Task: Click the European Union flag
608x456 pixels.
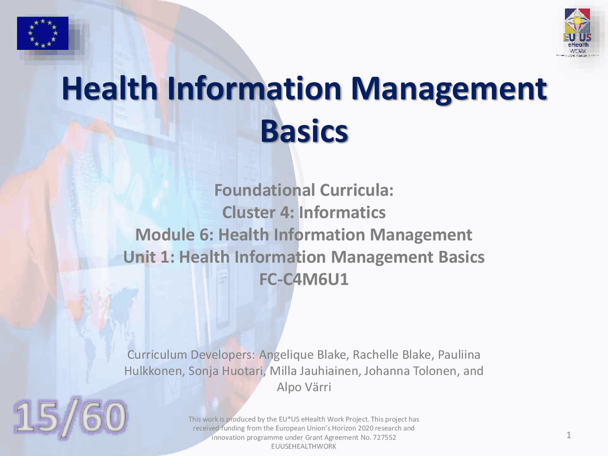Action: click(x=43, y=33)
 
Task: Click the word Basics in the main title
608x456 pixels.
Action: click(x=304, y=131)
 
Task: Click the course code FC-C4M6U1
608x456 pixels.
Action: click(x=304, y=279)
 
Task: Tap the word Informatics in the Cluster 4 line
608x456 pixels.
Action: click(x=342, y=212)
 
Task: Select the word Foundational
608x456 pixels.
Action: click(x=265, y=190)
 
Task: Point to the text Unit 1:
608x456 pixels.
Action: click(x=149, y=257)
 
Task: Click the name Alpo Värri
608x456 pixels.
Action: click(x=304, y=387)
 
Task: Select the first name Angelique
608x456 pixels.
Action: click(x=286, y=355)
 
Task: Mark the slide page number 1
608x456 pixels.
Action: click(x=569, y=435)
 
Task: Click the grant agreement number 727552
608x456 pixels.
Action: click(x=384, y=437)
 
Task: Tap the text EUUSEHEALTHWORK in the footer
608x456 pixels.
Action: click(x=304, y=446)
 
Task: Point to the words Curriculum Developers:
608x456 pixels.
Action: click(x=191, y=355)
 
